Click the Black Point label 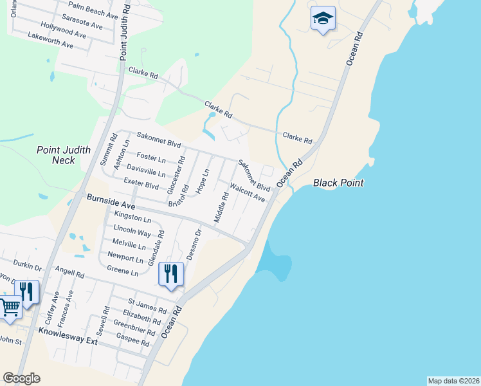(x=338, y=183)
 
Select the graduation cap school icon (x=323, y=19)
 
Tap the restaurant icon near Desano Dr (x=171, y=273)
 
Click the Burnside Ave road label (x=111, y=203)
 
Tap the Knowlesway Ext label (x=68, y=336)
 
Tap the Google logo (x=21, y=378)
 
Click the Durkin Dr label (x=28, y=264)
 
